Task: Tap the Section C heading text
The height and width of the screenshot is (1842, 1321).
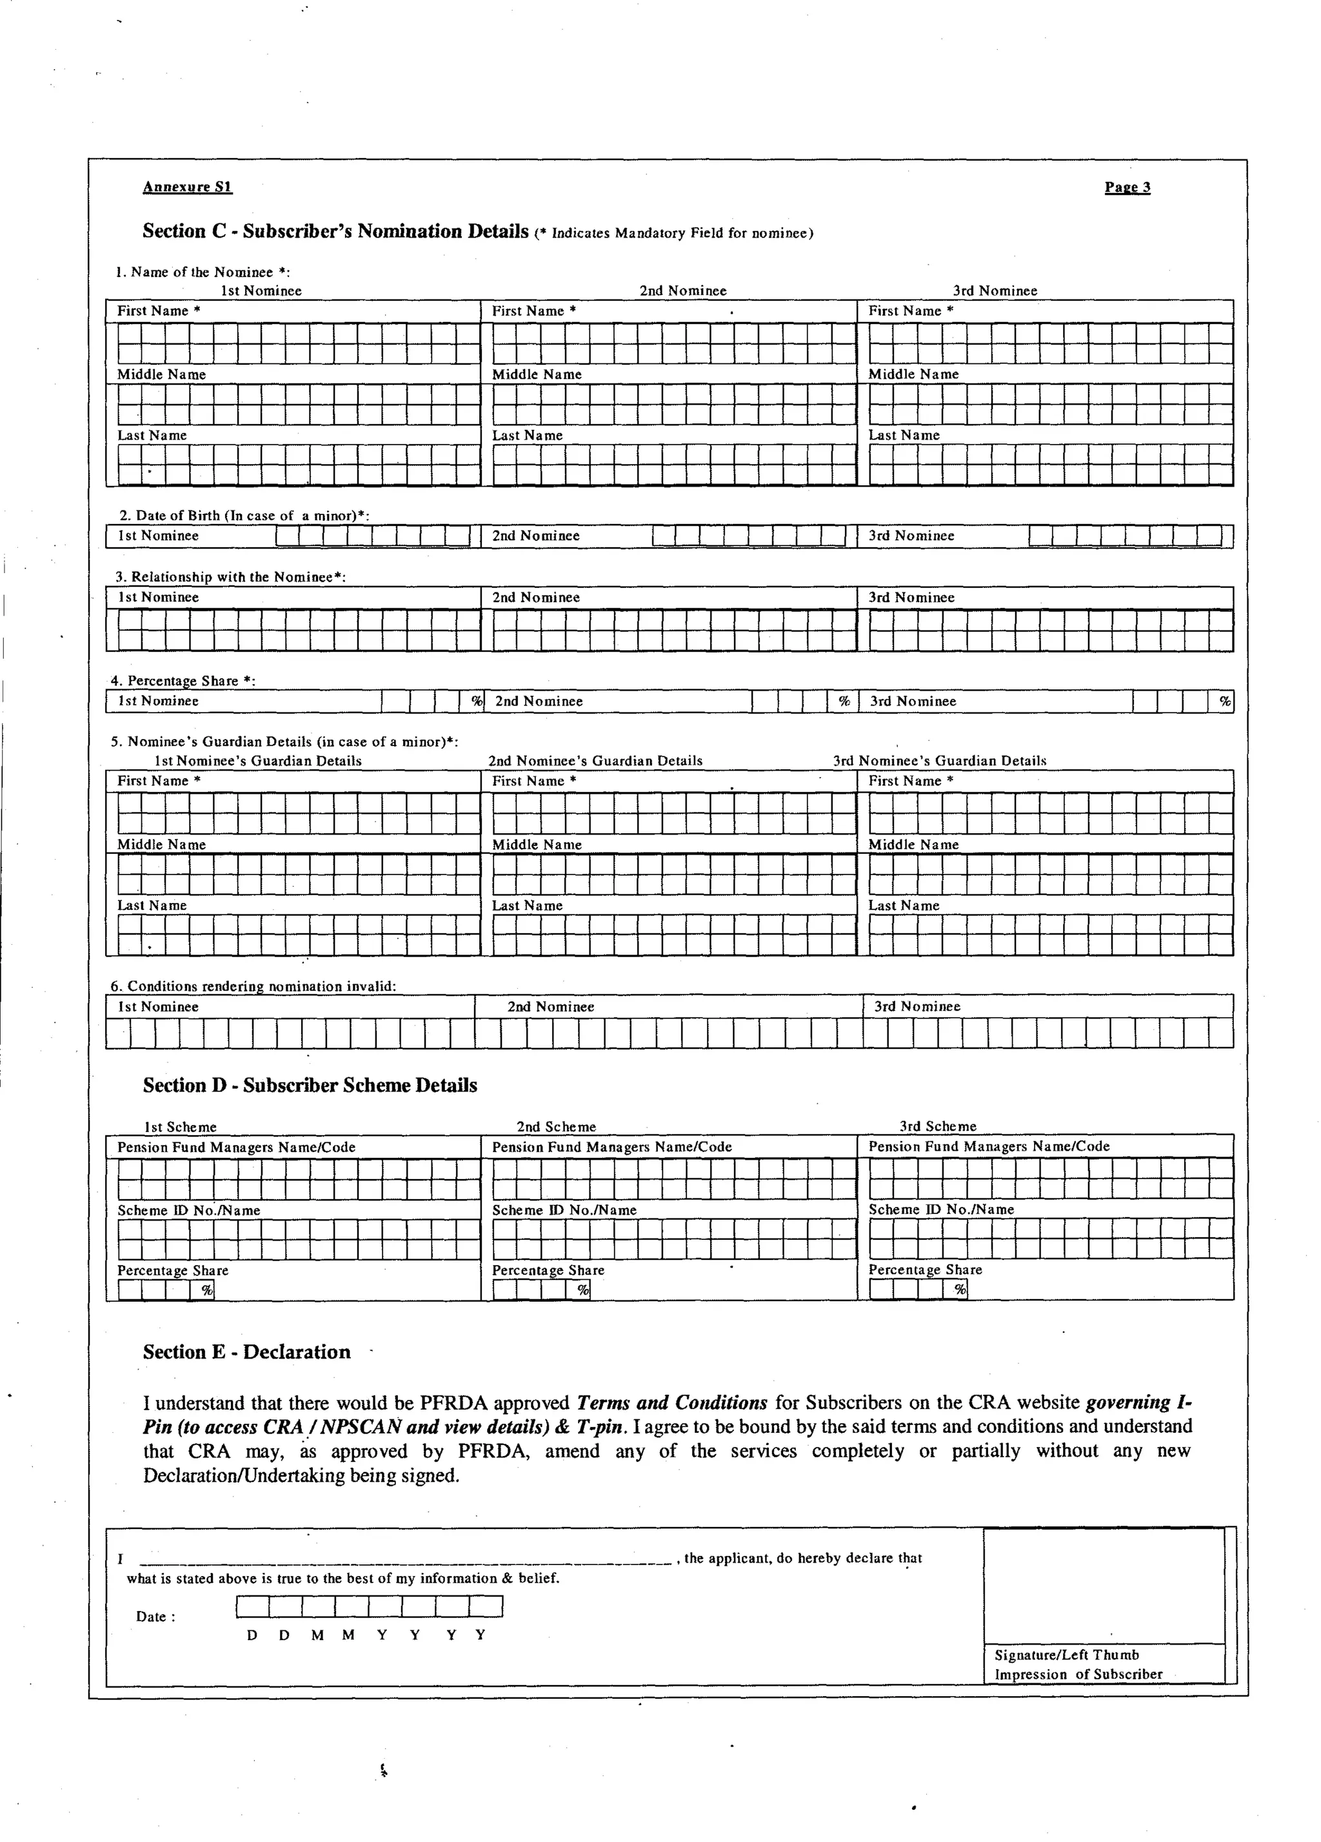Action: pos(335,232)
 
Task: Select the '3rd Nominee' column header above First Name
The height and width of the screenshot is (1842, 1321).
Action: pos(995,290)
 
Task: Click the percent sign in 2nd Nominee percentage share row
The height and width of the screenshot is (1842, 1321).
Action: pos(844,701)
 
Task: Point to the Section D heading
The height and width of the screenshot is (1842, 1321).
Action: pos(310,1085)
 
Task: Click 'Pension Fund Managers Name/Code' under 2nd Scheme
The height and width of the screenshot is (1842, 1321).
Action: pos(611,1147)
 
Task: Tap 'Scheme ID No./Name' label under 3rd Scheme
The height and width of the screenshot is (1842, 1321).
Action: pos(941,1209)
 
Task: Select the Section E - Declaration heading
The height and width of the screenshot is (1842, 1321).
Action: pos(247,1351)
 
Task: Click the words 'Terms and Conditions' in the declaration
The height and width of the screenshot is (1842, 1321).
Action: pos(671,1402)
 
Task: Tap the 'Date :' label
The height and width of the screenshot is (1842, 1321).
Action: pos(155,1616)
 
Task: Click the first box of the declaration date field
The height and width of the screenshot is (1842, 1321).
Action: pos(252,1606)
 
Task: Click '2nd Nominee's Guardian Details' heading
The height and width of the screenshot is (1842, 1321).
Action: pos(595,761)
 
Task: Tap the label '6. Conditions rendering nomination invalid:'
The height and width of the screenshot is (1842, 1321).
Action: pos(253,986)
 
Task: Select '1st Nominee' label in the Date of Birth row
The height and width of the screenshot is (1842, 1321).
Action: pos(158,536)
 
